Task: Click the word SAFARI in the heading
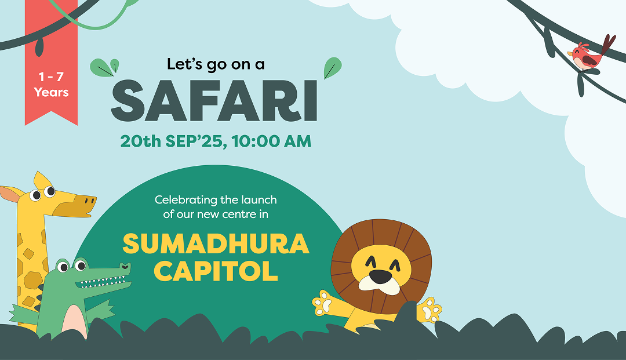coord(214,100)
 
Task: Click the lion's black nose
coord(380,276)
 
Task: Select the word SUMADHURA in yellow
coord(216,243)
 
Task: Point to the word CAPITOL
coord(216,271)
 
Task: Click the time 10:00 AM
coord(271,141)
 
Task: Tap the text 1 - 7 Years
coord(51,84)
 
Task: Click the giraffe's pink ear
coord(12,194)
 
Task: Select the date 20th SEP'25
coord(171,141)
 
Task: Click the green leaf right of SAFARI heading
coord(332,68)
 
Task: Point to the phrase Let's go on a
coord(216,64)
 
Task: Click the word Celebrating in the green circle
coord(182,200)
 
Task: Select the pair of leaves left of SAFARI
coord(104,67)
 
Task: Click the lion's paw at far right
coord(430,310)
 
